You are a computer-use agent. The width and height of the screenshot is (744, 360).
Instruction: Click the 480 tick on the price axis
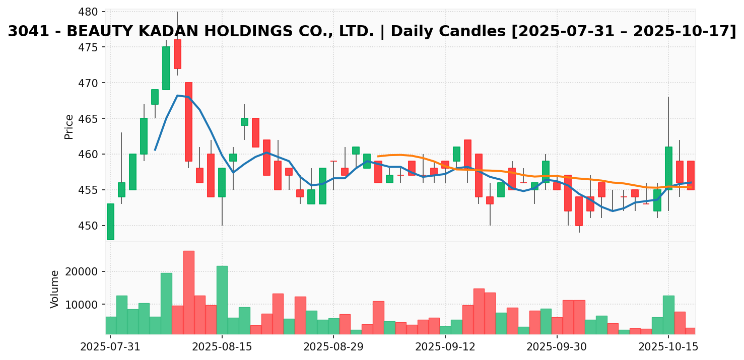pos(92,12)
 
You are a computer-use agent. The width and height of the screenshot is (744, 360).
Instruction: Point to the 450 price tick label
pos(92,226)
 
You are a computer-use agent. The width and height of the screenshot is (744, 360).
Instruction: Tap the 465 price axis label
pos(92,119)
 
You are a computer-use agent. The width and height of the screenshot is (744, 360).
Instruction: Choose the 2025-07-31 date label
pos(110,347)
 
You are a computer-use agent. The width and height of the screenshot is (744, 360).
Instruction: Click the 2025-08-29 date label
pos(333,347)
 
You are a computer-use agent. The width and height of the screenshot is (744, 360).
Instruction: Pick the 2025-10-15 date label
pos(668,347)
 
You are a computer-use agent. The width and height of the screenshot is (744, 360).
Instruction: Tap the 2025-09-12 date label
pos(445,347)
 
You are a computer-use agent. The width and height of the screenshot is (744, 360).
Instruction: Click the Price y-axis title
pos(69,126)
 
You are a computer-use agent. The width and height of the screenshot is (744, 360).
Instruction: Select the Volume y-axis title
pos(55,289)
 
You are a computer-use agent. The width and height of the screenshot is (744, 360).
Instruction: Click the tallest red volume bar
pos(188,292)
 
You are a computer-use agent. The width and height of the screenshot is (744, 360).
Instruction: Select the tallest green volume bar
pos(222,300)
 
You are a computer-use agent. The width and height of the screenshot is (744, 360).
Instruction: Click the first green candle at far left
pos(110,222)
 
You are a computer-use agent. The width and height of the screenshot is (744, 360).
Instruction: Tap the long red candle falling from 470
pos(188,122)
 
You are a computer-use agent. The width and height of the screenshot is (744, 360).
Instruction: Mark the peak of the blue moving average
pos(177,95)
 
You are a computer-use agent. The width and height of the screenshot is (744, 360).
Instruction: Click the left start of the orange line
pos(378,156)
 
